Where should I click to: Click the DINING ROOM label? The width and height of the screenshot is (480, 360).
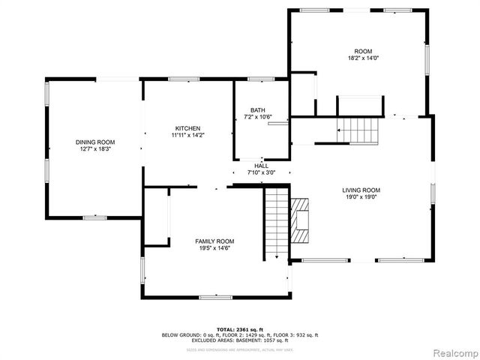click(x=94, y=142)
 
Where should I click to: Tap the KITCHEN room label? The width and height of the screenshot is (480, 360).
click(x=187, y=128)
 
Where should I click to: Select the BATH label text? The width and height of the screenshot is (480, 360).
click(x=257, y=109)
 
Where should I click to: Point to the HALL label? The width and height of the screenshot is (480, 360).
click(x=261, y=166)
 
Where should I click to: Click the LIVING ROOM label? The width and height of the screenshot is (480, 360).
click(x=361, y=190)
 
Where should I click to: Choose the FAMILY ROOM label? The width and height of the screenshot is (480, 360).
click(x=215, y=241)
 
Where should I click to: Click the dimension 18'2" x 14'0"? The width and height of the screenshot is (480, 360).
click(x=362, y=57)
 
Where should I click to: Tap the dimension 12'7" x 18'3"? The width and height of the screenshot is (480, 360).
click(x=94, y=149)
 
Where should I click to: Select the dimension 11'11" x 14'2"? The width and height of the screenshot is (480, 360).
click(x=187, y=136)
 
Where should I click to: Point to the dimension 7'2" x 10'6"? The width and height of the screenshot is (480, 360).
click(x=257, y=117)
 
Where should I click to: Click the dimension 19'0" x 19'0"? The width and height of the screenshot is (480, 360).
click(x=361, y=198)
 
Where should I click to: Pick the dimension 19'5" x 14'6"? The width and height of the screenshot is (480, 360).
click(x=215, y=248)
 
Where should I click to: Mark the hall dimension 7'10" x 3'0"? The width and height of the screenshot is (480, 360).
click(x=261, y=172)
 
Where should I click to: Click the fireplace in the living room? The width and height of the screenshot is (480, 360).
click(x=299, y=220)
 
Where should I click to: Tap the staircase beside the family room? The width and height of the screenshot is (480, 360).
click(x=277, y=223)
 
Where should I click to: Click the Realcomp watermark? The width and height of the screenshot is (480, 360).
click(x=451, y=352)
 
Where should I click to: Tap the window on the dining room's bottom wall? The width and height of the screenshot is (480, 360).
click(x=94, y=217)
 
